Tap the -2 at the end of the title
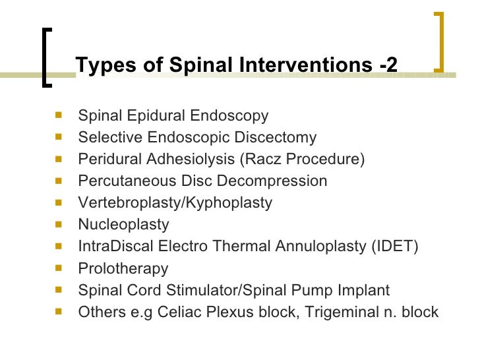(388, 65)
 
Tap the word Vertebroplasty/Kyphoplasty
(175, 203)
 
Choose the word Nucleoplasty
(123, 225)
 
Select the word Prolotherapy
(123, 268)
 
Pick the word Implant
(365, 290)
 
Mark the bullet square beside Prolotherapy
(59, 268)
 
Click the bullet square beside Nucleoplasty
(59, 224)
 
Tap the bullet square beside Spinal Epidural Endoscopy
(59, 115)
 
